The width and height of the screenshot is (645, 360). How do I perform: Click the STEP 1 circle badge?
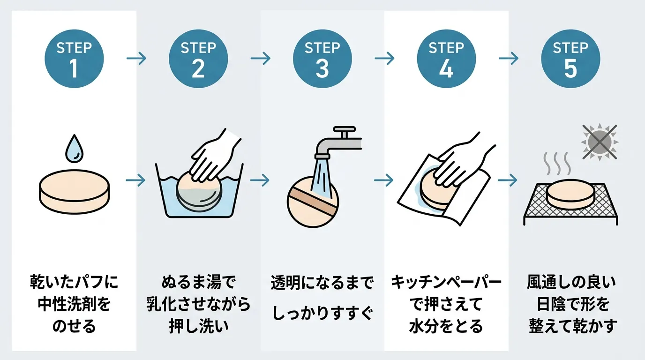(74, 59)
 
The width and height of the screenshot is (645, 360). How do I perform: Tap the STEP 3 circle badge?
(322, 59)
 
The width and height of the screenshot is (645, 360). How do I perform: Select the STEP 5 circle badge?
(570, 59)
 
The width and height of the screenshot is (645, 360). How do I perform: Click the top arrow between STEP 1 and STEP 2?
(136, 59)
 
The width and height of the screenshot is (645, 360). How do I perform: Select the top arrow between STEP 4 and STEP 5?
(509, 59)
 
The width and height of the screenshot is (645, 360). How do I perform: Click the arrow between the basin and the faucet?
(260, 180)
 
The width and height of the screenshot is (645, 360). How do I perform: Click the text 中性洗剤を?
(74, 304)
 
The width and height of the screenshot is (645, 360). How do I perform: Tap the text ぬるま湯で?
(198, 283)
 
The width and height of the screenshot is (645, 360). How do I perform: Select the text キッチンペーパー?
(446, 283)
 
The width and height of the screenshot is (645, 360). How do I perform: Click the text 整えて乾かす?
(570, 326)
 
